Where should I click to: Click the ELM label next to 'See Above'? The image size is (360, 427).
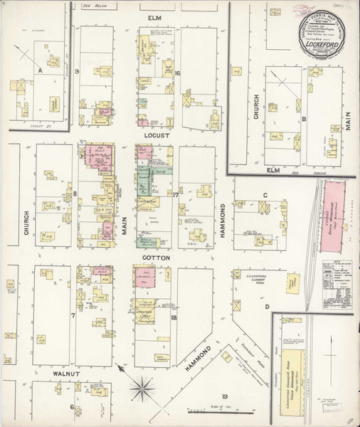click(x=270, y=170)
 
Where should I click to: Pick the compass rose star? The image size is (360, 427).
click(x=144, y=388)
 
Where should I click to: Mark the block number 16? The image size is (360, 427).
click(x=176, y=73)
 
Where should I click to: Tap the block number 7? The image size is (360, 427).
click(x=73, y=314)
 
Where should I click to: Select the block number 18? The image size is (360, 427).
click(x=173, y=317)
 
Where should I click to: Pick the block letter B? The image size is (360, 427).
click(x=303, y=119)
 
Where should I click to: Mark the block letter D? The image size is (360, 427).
click(x=268, y=307)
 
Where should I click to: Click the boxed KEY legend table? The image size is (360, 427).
click(x=340, y=278)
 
